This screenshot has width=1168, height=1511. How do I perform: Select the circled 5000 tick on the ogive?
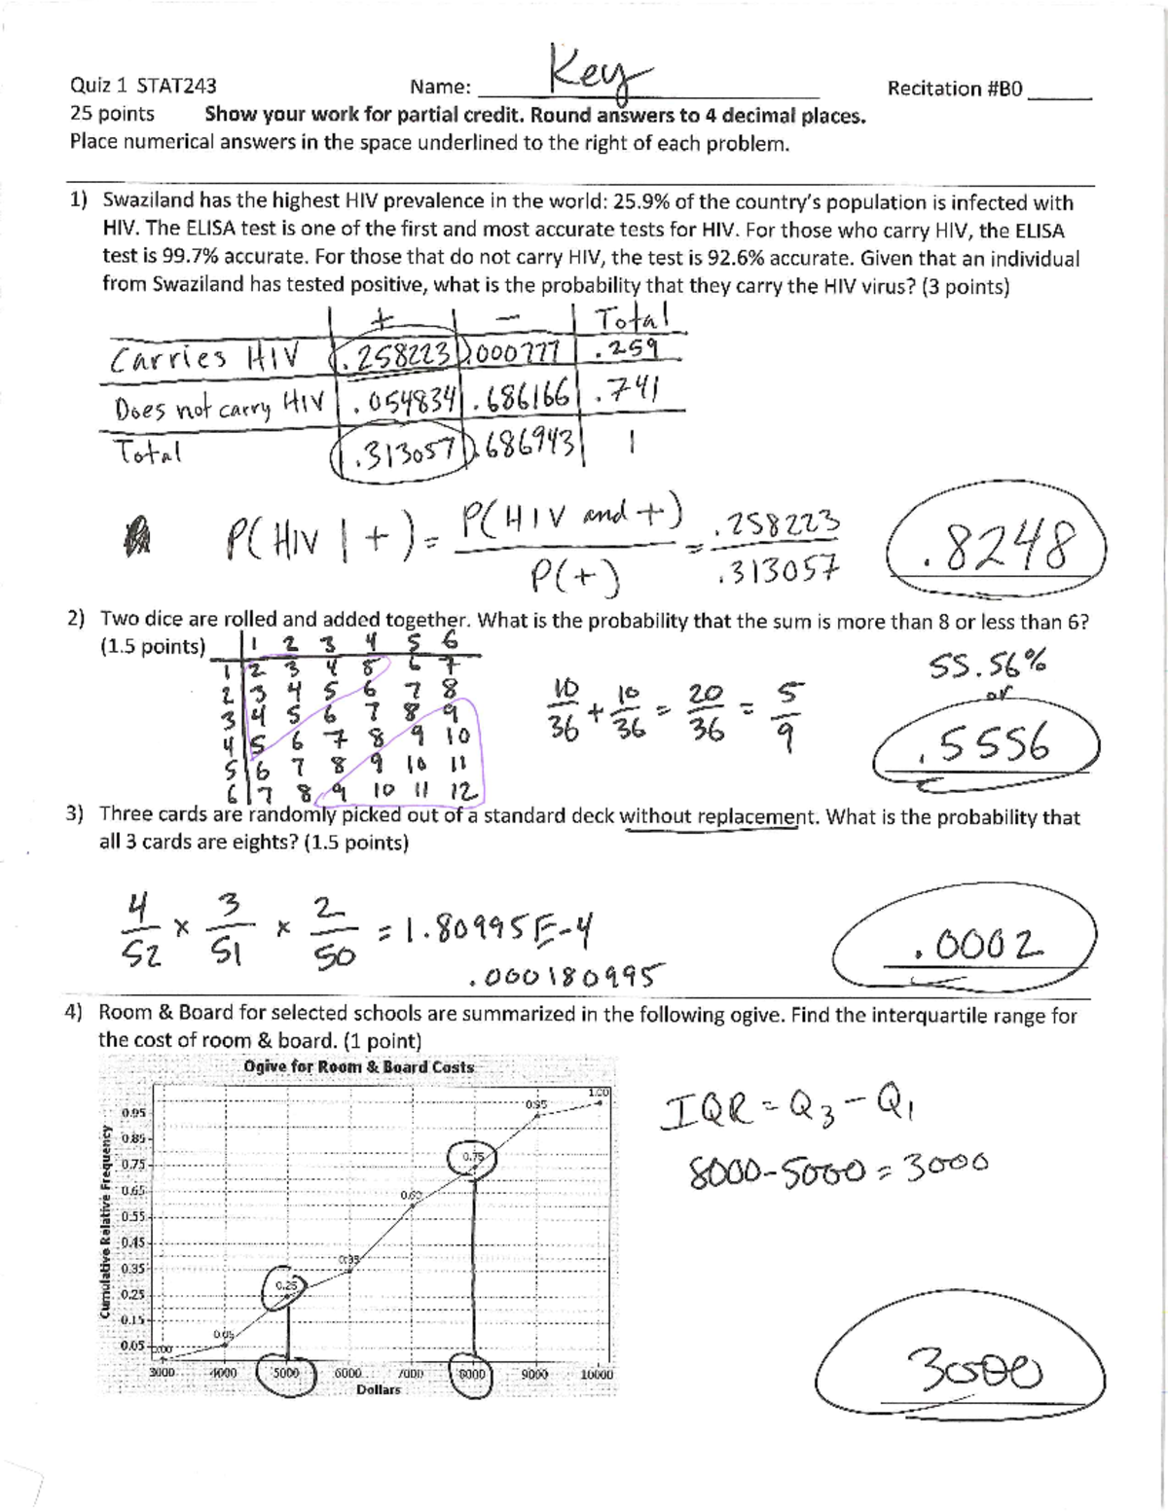pos(286,1374)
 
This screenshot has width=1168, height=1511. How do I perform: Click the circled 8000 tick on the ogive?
pos(472,1374)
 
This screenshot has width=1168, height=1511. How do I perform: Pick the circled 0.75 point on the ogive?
pos(473,1157)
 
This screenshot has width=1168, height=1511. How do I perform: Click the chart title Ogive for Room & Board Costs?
pos(359,1066)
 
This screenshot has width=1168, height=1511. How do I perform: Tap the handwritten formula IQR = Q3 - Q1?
pos(785,1108)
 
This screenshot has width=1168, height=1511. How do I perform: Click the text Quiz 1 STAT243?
pos(143,86)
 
